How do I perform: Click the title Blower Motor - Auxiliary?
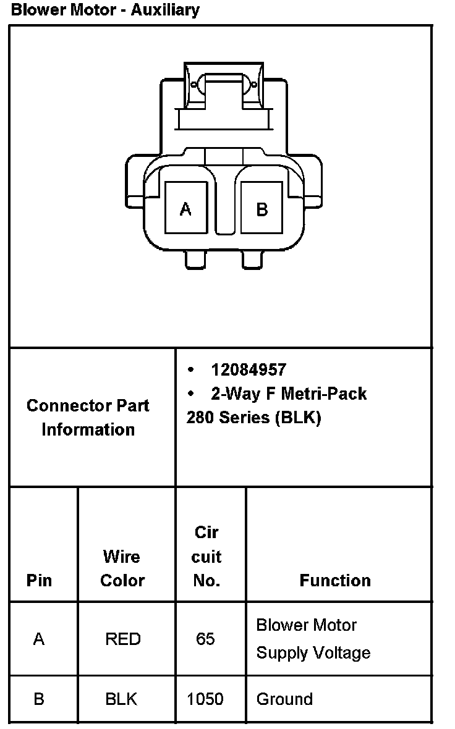coord(106,10)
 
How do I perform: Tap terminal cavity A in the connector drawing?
coord(185,209)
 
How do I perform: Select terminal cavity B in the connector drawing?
coord(262,209)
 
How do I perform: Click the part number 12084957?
coord(249,369)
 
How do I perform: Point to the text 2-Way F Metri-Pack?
coord(289,394)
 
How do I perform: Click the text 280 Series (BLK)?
coord(254,418)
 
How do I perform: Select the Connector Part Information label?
coord(88,418)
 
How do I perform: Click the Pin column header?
coord(40,580)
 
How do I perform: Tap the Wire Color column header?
coord(122,568)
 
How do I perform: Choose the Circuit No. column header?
coord(206,557)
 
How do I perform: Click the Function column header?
coord(335,580)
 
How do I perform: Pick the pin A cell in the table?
coord(39,639)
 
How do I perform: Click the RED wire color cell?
coord(122,639)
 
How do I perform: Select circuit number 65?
coord(205,639)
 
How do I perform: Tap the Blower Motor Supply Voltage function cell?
coord(313,639)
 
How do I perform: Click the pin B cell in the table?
coord(39,699)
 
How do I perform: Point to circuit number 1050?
coord(206,699)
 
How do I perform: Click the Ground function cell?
coord(284,699)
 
